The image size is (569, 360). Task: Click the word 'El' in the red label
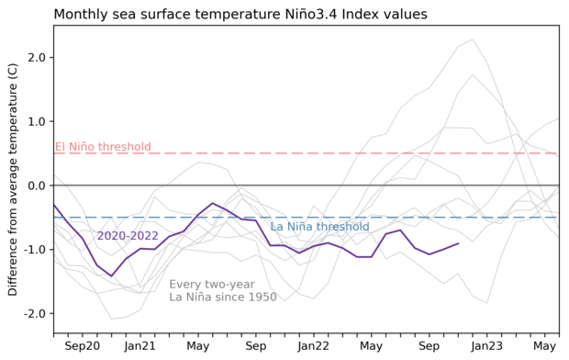61,147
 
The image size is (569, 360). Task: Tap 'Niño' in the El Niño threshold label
84,147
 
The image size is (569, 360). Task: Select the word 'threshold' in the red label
127,147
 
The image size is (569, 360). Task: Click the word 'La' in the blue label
276,227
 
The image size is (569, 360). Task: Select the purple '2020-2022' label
128,236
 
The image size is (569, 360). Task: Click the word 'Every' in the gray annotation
186,285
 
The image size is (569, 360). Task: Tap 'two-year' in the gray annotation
230,285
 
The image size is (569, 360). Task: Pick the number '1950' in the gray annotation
261,298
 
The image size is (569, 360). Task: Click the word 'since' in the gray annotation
227,298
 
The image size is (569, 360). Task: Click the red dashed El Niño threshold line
367,153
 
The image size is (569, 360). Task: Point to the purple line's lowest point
112,276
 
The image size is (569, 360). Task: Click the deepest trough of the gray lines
112,319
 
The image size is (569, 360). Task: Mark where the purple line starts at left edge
54,205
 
